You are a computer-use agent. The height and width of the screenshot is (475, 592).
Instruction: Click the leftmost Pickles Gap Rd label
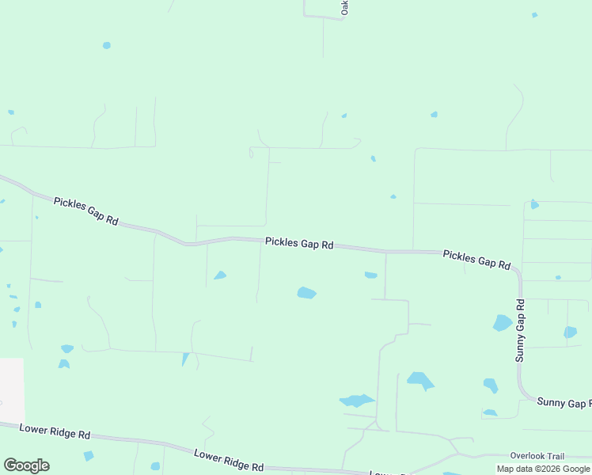pyautogui.click(x=85, y=212)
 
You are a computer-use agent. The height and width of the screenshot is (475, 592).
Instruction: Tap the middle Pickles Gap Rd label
pyautogui.click(x=299, y=243)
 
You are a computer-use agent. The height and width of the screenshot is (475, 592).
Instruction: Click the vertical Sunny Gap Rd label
pyautogui.click(x=520, y=330)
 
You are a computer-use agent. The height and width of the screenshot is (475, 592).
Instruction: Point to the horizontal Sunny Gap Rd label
pyautogui.click(x=564, y=403)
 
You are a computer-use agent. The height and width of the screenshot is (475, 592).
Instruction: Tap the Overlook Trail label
pyautogui.click(x=537, y=456)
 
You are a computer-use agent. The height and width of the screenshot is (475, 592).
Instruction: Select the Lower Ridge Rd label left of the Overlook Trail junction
pyautogui.click(x=229, y=460)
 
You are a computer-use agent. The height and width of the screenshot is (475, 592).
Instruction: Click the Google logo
pyautogui.click(x=26, y=465)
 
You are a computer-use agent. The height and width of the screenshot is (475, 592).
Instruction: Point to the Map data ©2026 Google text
pyautogui.click(x=543, y=469)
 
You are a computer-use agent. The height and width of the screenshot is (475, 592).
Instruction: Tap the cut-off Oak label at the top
pyautogui.click(x=344, y=7)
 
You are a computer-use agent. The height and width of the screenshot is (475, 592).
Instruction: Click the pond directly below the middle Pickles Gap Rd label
pyautogui.click(x=306, y=293)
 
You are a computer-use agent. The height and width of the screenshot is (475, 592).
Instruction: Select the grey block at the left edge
pyautogui.click(x=11, y=389)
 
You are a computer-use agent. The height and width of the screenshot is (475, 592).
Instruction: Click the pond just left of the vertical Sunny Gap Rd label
pyautogui.click(x=502, y=322)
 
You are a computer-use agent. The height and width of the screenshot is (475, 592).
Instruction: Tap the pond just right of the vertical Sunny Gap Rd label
pyautogui.click(x=570, y=332)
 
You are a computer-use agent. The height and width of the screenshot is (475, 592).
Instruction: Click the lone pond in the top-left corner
pyautogui.click(x=106, y=45)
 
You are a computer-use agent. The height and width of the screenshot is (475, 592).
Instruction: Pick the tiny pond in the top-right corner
pyautogui.click(x=534, y=15)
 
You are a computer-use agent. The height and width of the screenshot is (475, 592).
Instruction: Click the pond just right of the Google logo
pyautogui.click(x=89, y=456)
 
